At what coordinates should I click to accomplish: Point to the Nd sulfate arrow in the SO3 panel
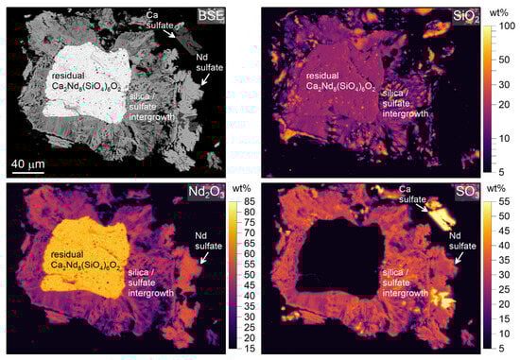[x=459, y=257]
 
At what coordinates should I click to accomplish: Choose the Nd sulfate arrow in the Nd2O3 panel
[x=200, y=257]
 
